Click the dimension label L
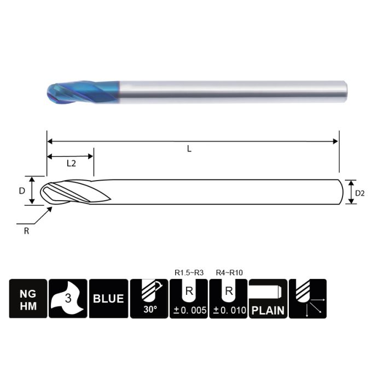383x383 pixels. click(x=189, y=149)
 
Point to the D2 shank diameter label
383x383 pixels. click(x=359, y=193)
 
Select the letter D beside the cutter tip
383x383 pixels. click(x=22, y=190)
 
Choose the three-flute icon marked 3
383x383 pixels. click(x=68, y=299)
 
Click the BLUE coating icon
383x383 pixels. click(x=108, y=299)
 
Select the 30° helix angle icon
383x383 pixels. click(x=149, y=299)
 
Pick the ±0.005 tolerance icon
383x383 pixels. click(x=189, y=299)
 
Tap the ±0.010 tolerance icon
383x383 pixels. click(x=229, y=299)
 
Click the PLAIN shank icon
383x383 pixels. click(x=268, y=299)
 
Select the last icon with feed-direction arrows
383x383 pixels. click(x=307, y=299)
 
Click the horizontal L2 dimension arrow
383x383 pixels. click(x=71, y=156)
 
